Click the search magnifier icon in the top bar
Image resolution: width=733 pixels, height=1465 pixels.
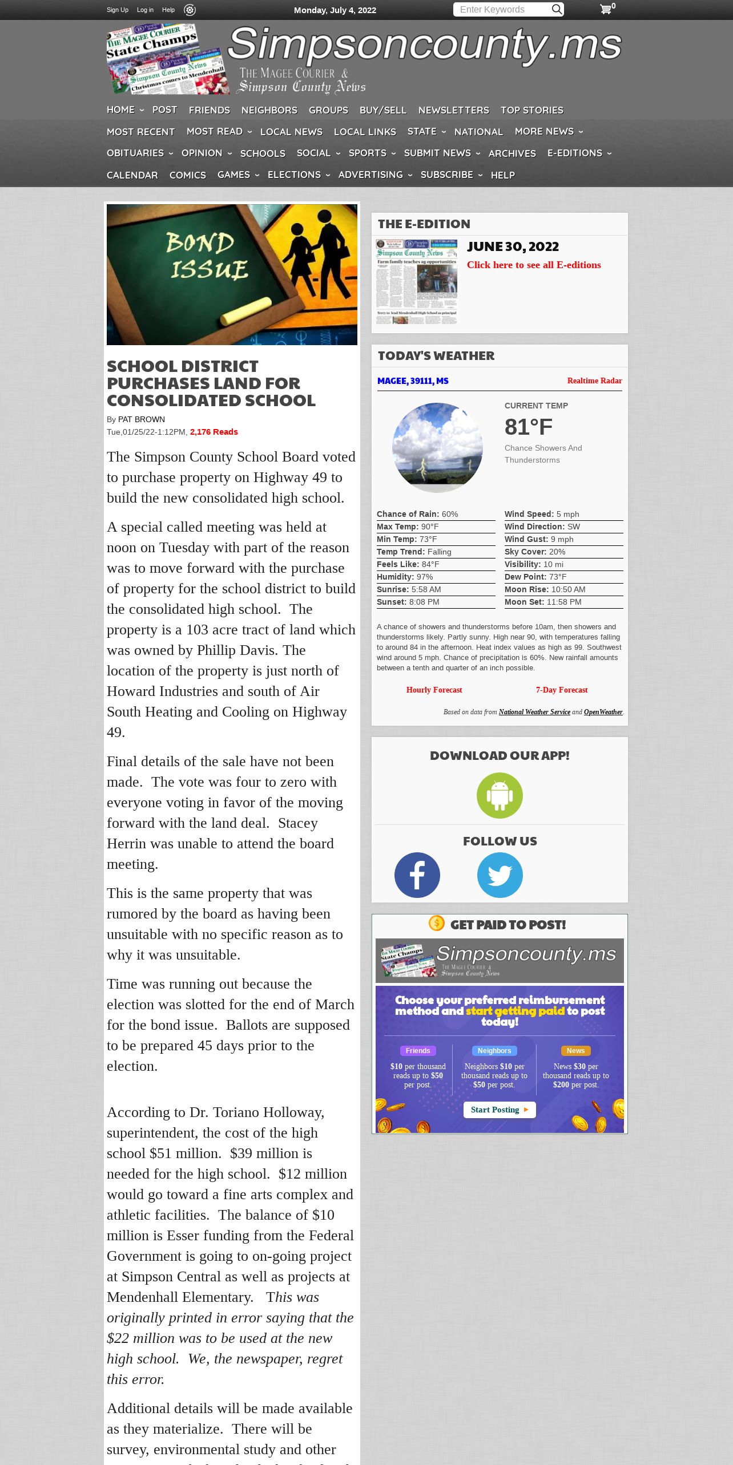pyautogui.click(x=557, y=9)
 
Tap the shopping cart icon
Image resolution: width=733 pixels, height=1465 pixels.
pyautogui.click(x=606, y=9)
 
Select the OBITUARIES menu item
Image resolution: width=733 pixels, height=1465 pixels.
pyautogui.click(x=135, y=153)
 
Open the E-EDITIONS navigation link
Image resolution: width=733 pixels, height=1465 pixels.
pyautogui.click(x=574, y=153)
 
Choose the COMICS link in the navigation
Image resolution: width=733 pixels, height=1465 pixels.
pyautogui.click(x=187, y=175)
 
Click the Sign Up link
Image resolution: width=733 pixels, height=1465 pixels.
pyautogui.click(x=118, y=10)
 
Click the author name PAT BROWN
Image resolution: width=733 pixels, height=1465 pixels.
pyautogui.click(x=142, y=419)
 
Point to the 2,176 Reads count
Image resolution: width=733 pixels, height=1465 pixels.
pyautogui.click(x=214, y=432)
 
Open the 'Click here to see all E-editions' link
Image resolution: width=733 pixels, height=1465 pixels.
pyautogui.click(x=534, y=265)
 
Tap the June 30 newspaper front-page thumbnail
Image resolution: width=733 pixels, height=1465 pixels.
pyautogui.click(x=417, y=282)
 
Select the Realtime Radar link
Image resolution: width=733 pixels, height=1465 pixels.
pyautogui.click(x=594, y=381)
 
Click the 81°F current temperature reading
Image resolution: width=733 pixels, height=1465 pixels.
pyautogui.click(x=529, y=427)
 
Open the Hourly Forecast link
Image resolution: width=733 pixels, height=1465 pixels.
pyautogui.click(x=434, y=690)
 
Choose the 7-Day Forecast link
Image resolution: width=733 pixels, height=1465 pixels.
pyautogui.click(x=561, y=690)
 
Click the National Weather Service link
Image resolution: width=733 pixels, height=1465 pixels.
pyautogui.click(x=534, y=712)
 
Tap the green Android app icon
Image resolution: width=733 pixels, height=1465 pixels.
pyautogui.click(x=500, y=795)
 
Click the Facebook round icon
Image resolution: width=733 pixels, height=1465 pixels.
pyautogui.click(x=417, y=875)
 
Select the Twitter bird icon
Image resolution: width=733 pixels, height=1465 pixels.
pyautogui.click(x=500, y=875)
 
